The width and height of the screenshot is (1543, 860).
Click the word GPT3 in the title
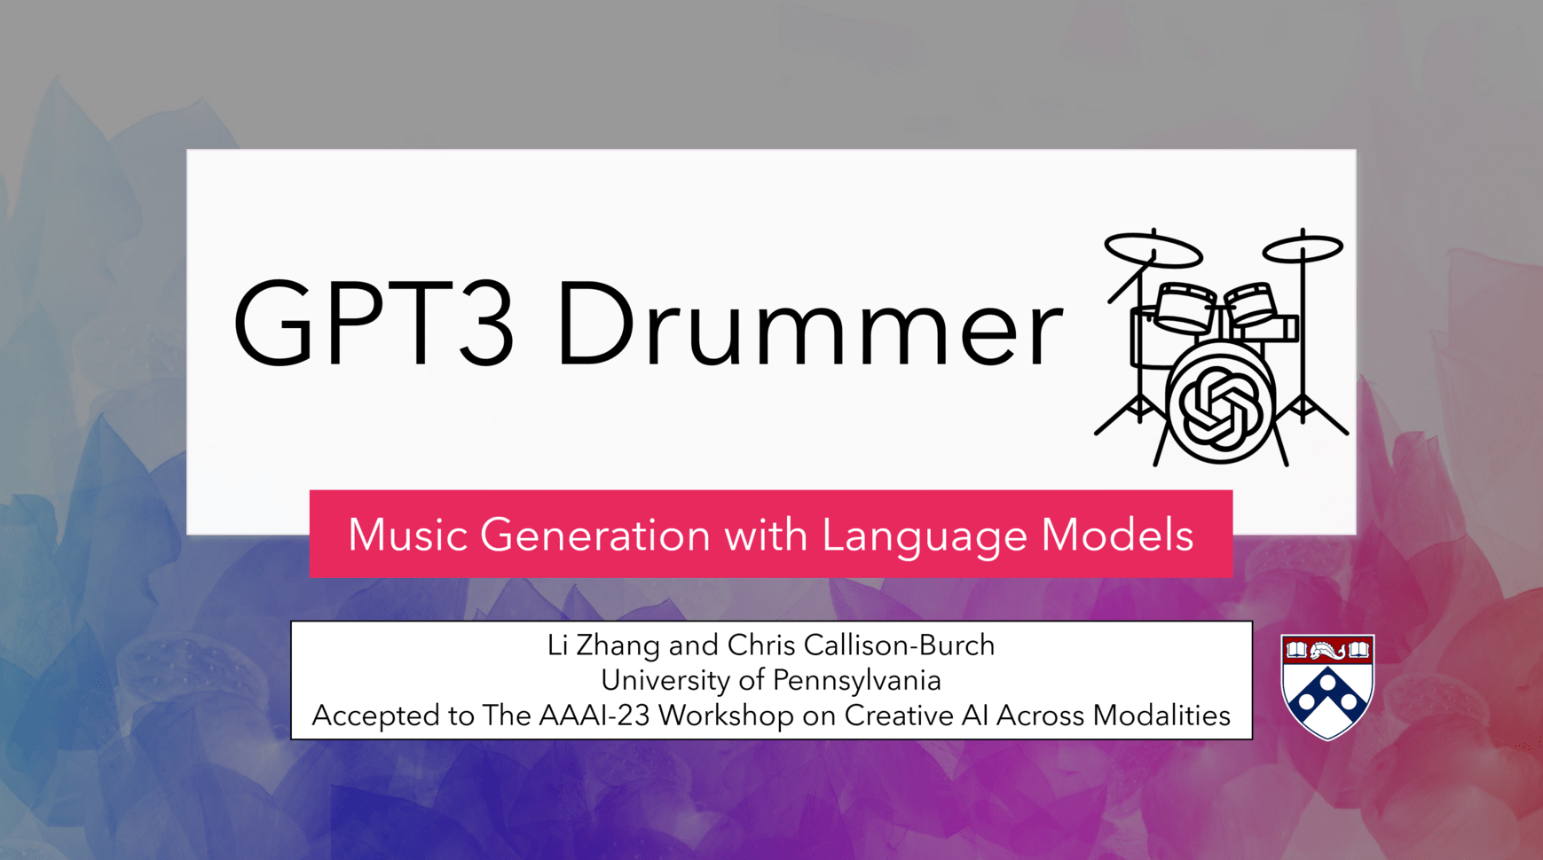point(373,323)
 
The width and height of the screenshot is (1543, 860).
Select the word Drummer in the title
point(809,323)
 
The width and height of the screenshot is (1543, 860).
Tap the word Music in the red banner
point(407,535)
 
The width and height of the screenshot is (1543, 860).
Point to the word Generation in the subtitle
point(595,535)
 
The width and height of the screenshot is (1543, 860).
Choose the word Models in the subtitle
point(1117,535)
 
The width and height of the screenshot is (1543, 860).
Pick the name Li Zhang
point(603,645)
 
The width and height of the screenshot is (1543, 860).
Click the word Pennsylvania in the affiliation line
point(857,681)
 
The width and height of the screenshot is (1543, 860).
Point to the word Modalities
point(1161,715)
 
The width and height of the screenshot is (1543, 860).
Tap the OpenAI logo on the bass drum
point(1220,407)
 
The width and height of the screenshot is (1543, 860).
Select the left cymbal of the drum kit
point(1153,250)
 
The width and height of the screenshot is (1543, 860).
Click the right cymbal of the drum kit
point(1303,247)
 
